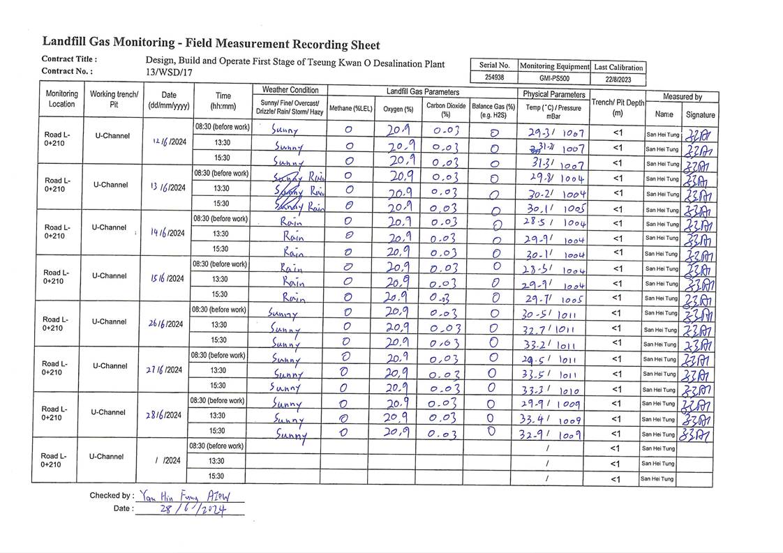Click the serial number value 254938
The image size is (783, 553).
(x=495, y=78)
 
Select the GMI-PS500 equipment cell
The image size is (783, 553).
(x=554, y=78)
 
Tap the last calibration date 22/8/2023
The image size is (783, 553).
(x=618, y=79)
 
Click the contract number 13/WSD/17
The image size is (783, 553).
(x=169, y=73)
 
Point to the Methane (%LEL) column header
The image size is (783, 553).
(x=350, y=108)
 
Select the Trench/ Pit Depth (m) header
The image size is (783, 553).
(x=618, y=107)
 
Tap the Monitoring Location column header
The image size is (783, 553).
(x=61, y=99)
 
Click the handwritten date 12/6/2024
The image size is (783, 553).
(x=168, y=142)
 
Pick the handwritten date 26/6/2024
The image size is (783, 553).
(x=165, y=324)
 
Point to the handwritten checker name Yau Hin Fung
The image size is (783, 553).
(x=170, y=497)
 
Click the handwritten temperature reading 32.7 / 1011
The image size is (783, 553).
(x=551, y=329)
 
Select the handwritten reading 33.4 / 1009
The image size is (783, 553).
(x=551, y=420)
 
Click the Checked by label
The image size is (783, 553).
(x=111, y=496)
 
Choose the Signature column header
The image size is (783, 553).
(x=700, y=114)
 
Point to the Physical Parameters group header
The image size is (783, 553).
(x=554, y=94)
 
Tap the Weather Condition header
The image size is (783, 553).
(x=290, y=90)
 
